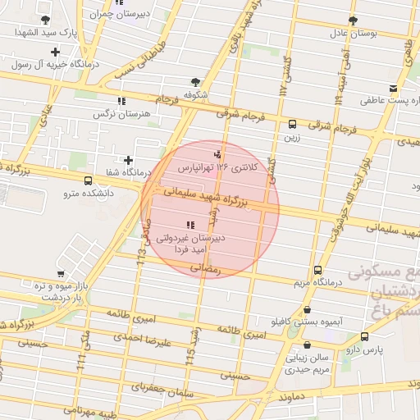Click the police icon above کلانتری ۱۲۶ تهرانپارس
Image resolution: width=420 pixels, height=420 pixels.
tap(217, 153)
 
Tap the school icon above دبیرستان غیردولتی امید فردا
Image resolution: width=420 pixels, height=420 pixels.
tap(190, 224)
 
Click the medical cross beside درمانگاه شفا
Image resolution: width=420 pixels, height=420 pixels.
tap(127, 160)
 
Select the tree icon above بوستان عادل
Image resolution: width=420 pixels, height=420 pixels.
tap(353, 21)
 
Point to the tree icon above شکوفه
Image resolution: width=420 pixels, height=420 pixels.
tap(195, 81)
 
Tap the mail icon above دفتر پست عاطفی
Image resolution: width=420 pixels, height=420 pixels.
tap(394, 88)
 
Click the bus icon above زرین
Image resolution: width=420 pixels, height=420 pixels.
tap(293, 125)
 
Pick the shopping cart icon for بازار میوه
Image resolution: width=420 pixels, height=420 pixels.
tap(61, 274)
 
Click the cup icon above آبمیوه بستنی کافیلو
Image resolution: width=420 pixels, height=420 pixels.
tap(307, 310)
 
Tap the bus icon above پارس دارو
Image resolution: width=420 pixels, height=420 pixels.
tap(364, 336)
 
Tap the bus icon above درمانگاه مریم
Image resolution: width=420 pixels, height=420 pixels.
tap(318, 271)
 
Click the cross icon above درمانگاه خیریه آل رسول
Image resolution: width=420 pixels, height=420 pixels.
tap(55, 52)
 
